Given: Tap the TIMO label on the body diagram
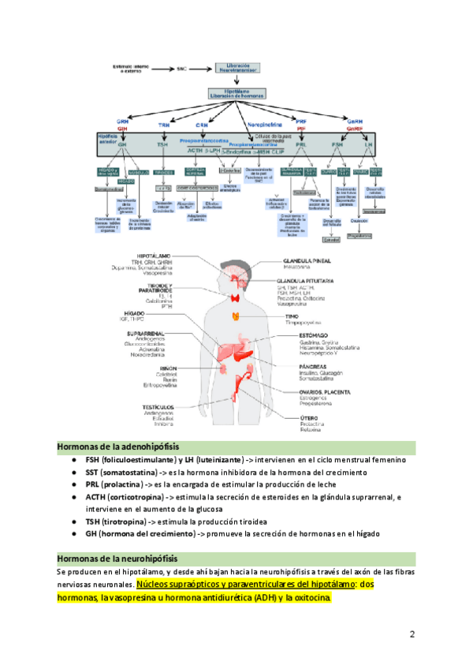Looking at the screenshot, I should click(292, 316).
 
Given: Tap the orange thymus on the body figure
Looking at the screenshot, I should click(235, 316).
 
